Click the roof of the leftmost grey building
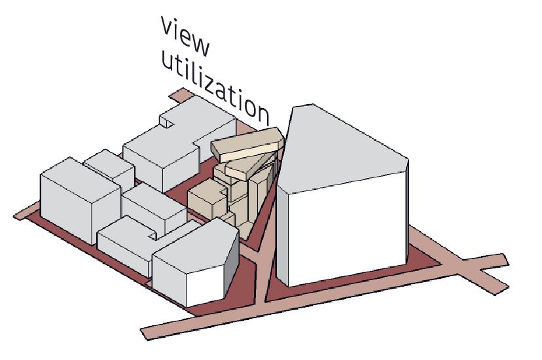(x=72, y=172)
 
